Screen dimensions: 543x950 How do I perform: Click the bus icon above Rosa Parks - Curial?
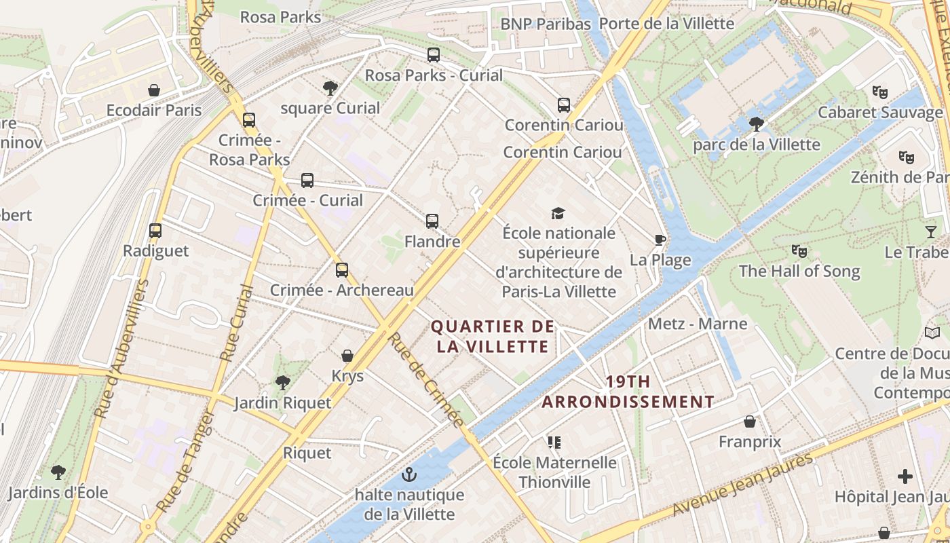coord(434,55)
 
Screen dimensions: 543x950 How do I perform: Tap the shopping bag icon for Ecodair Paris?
coord(154,90)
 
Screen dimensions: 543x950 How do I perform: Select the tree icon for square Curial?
coord(330,88)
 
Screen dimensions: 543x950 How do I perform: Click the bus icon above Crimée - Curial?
coord(307,181)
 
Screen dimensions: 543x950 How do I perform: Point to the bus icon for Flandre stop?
coord(432,221)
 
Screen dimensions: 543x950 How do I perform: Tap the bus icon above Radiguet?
coord(155,231)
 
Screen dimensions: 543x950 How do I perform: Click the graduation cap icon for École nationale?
coord(558,213)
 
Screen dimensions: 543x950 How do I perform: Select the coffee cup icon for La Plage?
coord(660,240)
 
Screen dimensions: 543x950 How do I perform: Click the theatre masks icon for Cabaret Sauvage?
coord(879,92)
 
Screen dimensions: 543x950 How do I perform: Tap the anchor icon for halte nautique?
coord(408,474)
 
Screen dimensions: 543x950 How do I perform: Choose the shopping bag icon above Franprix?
coord(750,422)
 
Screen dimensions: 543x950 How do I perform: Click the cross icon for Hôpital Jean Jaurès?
coord(905,476)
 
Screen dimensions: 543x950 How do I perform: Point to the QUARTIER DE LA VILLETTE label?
coord(493,337)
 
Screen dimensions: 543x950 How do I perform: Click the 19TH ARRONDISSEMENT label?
coord(628,392)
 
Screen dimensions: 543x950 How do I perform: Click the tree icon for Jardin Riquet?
coord(282,383)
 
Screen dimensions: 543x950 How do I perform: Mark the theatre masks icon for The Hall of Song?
coord(799,251)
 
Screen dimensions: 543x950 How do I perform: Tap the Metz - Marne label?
coord(698,324)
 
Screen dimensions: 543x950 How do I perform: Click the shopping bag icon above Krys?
coord(347,356)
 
